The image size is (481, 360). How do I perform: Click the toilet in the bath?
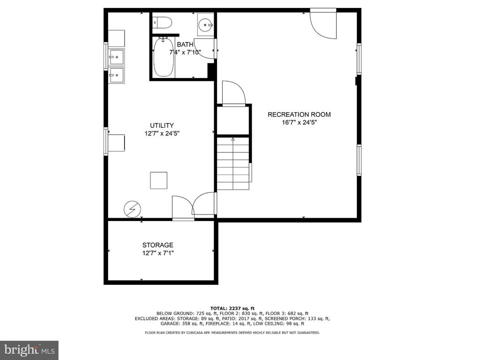162,23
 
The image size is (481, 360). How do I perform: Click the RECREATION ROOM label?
299,115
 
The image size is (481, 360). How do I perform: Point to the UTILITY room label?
162,125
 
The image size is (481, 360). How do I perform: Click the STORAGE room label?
158,245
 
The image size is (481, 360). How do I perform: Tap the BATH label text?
185,45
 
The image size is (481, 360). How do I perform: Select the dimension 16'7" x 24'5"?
299,123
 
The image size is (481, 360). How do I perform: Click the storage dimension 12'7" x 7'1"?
158,253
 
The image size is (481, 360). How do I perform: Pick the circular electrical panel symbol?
132,209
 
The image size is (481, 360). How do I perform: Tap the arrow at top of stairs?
233,139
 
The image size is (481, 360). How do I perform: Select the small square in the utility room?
159,180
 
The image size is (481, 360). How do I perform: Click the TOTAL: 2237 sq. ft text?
232,308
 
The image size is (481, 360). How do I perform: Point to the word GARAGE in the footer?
169,323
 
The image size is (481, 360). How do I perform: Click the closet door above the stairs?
234,93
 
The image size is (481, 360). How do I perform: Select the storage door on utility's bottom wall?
183,208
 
